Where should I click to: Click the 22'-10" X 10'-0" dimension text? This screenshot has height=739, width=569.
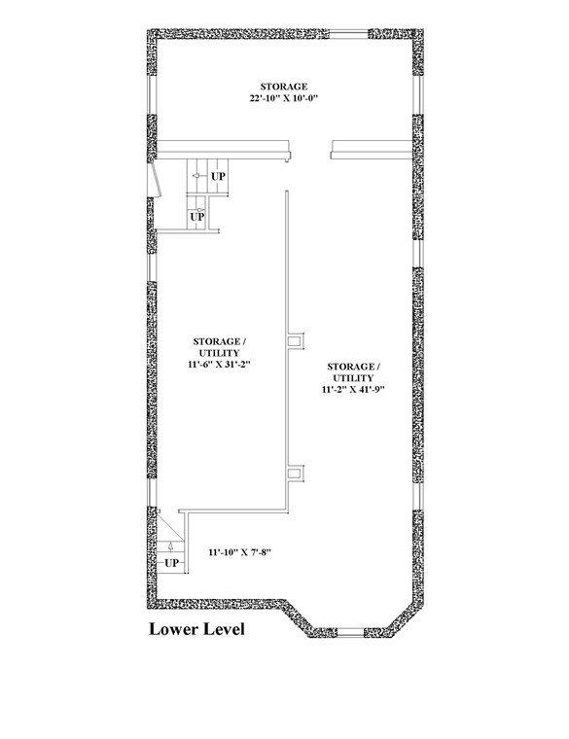[284, 98]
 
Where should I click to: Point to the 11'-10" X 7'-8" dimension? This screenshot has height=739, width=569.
[241, 552]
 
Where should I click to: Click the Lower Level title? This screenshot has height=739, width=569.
[196, 629]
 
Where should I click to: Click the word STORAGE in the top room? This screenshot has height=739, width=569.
[284, 87]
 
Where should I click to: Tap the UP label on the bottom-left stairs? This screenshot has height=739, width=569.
[171, 563]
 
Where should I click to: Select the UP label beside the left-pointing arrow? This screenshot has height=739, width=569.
[218, 176]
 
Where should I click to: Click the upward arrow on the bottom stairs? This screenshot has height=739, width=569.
[170, 546]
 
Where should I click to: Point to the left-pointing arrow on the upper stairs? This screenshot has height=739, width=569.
[197, 176]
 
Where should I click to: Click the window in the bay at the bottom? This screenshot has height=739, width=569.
[350, 632]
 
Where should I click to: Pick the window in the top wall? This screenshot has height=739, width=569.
[348, 34]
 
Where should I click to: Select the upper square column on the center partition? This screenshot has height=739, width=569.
[296, 340]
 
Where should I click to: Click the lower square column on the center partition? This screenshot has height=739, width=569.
[296, 474]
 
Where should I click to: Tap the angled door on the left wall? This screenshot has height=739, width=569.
[155, 180]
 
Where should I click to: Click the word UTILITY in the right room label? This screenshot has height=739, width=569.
[354, 378]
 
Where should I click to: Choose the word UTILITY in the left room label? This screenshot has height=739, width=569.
[219, 353]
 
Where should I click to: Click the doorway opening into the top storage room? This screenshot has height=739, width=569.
[309, 150]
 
